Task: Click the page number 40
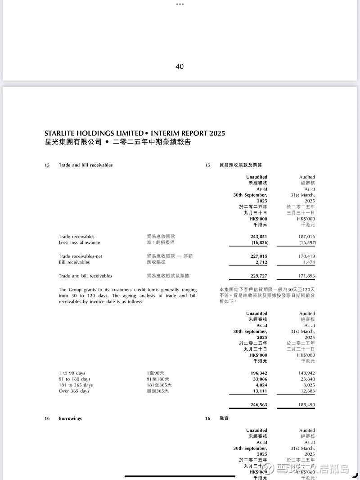(x=180, y=67)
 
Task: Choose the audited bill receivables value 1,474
(x=309, y=262)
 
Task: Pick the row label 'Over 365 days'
(x=74, y=391)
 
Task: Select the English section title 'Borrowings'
(x=70, y=419)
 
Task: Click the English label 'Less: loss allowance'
(x=79, y=242)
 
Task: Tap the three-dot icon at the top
(x=180, y=4)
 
